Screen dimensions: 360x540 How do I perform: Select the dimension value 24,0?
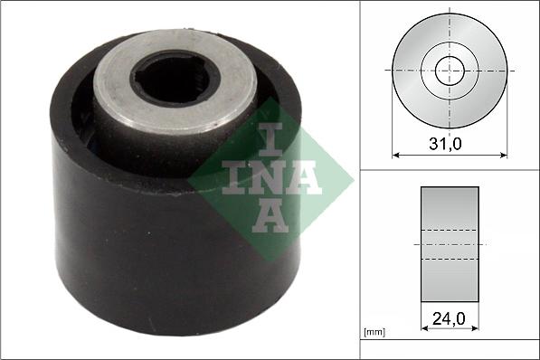pyautogui.click(x=450, y=317)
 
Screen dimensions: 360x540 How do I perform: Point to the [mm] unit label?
pyautogui.click(x=374, y=333)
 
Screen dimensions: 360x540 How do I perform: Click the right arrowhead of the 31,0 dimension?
pyautogui.click(x=503, y=156)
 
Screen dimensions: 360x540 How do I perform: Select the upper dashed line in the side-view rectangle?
pyautogui.click(x=450, y=229)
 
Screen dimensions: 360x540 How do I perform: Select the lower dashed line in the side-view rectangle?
pyautogui.click(x=450, y=260)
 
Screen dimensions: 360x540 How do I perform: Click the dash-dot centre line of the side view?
pyautogui.click(x=450, y=244)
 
